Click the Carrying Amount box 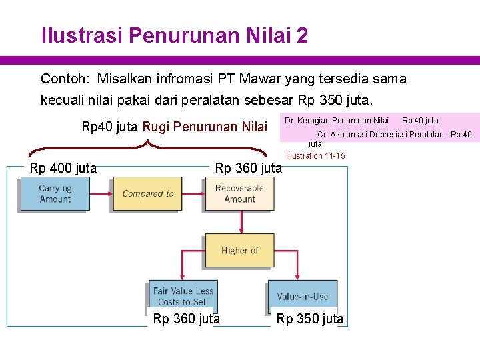(x=55, y=193)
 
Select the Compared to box (x=147, y=193)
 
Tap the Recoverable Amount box (x=239, y=193)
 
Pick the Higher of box (x=239, y=251)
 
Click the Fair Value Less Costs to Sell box (x=183, y=296)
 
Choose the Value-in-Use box (x=303, y=296)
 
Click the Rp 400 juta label (x=63, y=168)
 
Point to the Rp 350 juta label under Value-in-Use (x=310, y=319)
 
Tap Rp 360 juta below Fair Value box (x=187, y=319)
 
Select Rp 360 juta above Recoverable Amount (x=248, y=168)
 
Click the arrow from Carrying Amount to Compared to (x=101, y=193)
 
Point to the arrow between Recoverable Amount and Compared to (x=193, y=193)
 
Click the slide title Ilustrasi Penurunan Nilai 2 (x=175, y=35)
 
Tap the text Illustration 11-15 (x=315, y=156)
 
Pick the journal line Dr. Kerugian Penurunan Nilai (x=337, y=121)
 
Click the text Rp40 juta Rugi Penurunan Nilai (x=173, y=127)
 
